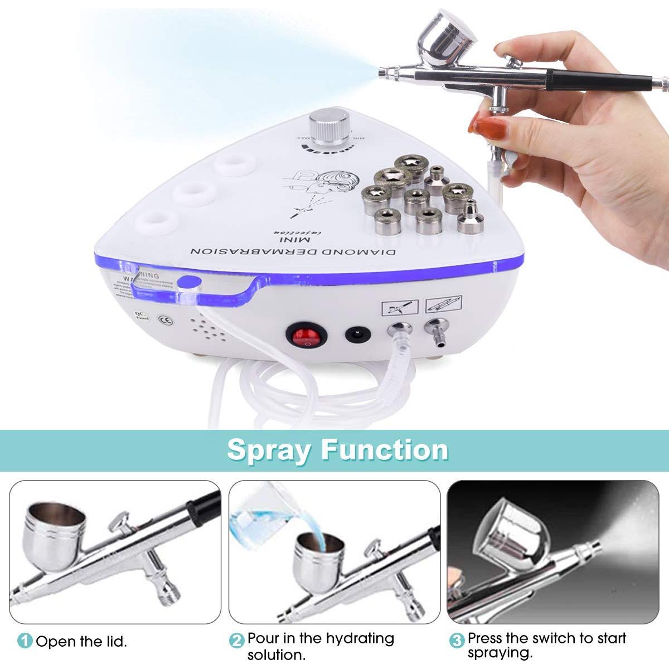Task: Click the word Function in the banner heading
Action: click(x=384, y=449)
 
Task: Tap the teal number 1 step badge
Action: click(x=25, y=641)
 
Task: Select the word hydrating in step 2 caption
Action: click(x=360, y=638)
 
